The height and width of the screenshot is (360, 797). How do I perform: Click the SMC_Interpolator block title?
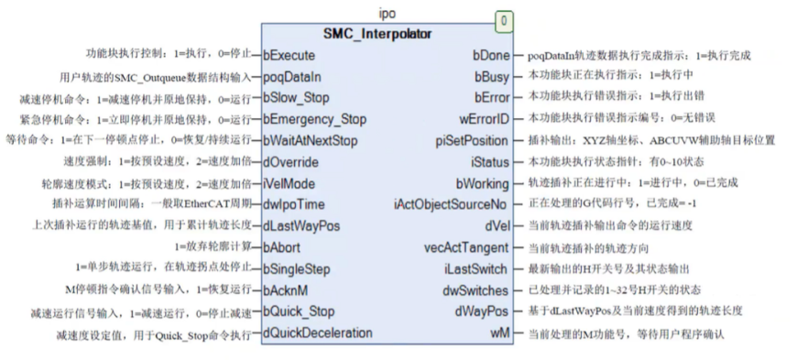[379, 34]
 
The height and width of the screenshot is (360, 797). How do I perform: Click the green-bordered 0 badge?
[504, 19]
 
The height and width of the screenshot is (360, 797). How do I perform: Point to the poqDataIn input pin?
[292, 76]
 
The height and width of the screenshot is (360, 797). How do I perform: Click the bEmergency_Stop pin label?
[314, 119]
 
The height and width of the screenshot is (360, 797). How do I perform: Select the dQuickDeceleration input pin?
[318, 332]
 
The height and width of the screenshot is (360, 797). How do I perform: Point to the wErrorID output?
[484, 119]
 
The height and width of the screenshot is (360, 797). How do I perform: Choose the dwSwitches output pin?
[477, 289]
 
